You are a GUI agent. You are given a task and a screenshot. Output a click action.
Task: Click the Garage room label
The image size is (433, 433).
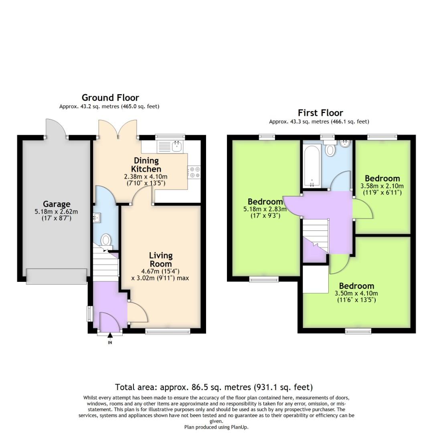pyautogui.click(x=57, y=204)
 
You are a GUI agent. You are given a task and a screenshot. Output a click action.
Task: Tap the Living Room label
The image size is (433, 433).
pyautogui.click(x=161, y=259)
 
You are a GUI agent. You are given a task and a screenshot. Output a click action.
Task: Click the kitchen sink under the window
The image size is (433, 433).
pyautogui.click(x=177, y=146)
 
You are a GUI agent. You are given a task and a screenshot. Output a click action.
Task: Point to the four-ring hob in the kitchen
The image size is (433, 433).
pyautogui.click(x=194, y=172)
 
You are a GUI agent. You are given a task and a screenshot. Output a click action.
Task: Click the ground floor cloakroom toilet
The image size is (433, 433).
pyautogui.click(x=106, y=240)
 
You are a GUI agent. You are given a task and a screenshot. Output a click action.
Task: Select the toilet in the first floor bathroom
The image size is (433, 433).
pyautogui.click(x=330, y=150)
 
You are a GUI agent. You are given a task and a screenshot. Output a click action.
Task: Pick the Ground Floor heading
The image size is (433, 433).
pyautogui.click(x=110, y=97)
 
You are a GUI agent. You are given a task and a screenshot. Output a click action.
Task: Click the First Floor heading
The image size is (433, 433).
pyautogui.click(x=320, y=113)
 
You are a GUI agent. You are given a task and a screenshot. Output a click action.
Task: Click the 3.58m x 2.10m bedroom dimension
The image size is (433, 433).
pyautogui.click(x=382, y=186)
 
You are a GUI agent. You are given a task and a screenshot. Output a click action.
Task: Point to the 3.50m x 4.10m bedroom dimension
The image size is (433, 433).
pyautogui.click(x=356, y=293)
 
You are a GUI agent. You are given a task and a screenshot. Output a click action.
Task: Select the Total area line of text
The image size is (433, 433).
pyautogui.click(x=214, y=387)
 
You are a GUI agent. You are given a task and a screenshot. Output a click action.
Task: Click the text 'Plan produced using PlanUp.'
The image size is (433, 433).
pyautogui.click(x=216, y=427)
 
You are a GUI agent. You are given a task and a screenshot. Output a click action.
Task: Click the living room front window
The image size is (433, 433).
pyautogui.click(x=168, y=331)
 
